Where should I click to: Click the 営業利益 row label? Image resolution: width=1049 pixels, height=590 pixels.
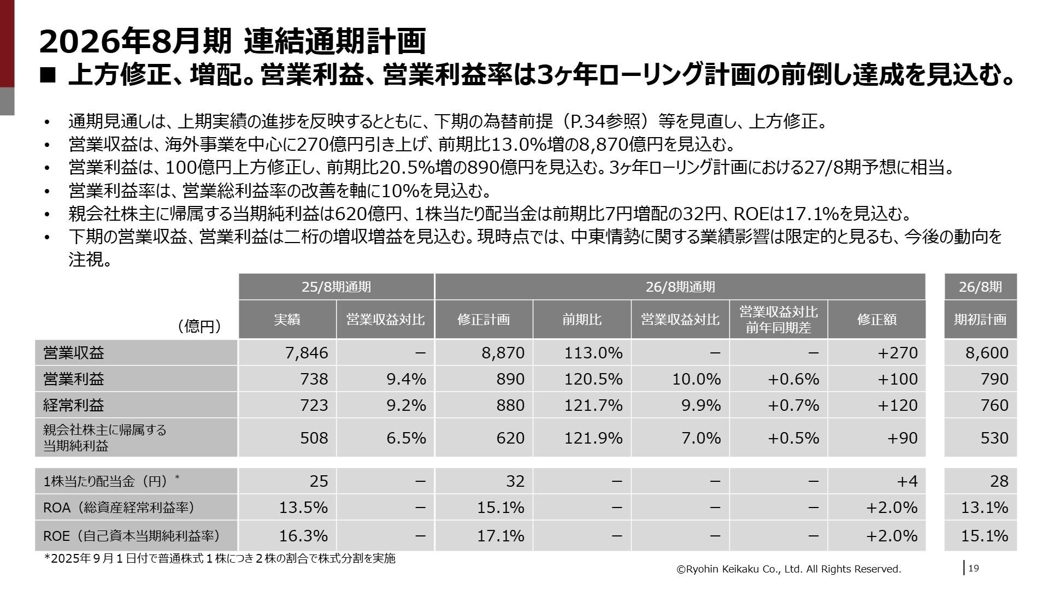pos(74,379)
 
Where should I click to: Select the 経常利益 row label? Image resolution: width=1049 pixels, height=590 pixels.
pos(74,405)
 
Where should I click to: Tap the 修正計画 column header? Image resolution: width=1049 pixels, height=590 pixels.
pos(484,320)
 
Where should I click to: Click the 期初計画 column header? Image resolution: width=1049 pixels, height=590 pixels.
pos(980,320)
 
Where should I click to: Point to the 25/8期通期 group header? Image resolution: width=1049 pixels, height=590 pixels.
pos(336,287)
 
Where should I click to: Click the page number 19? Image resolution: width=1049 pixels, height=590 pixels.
pos(974,569)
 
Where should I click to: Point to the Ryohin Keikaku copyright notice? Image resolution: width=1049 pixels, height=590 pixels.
pos(789,569)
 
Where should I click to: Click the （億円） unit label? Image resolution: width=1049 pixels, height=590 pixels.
pos(199,327)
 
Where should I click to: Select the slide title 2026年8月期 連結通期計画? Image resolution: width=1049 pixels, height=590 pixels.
pos(232,42)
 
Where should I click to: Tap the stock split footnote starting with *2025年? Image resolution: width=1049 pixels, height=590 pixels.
pos(220,559)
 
